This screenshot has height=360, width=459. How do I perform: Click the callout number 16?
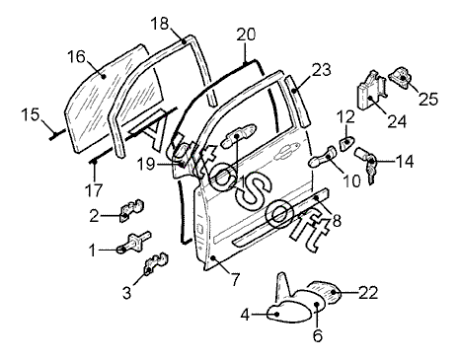77,56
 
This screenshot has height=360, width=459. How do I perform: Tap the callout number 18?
160,24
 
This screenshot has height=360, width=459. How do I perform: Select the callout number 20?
246,35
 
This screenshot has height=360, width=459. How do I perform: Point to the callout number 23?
321,70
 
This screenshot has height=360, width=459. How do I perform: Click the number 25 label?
428,99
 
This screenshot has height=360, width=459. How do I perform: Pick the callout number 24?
397,121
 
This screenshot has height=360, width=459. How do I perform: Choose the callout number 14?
405,162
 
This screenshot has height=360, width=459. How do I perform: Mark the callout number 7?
234,279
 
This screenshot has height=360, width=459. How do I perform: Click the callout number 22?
368,292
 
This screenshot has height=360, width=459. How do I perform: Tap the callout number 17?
94,190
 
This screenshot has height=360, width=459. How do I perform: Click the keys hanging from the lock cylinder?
371,170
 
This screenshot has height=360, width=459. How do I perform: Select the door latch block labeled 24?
371,91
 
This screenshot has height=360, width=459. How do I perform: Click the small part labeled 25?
400,77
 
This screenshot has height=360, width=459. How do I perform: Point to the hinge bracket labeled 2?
132,210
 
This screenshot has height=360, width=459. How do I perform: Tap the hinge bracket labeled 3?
155,263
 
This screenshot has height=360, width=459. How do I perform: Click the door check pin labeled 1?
134,243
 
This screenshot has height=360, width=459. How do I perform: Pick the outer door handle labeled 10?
323,157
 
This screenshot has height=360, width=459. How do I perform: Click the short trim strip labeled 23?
297,101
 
